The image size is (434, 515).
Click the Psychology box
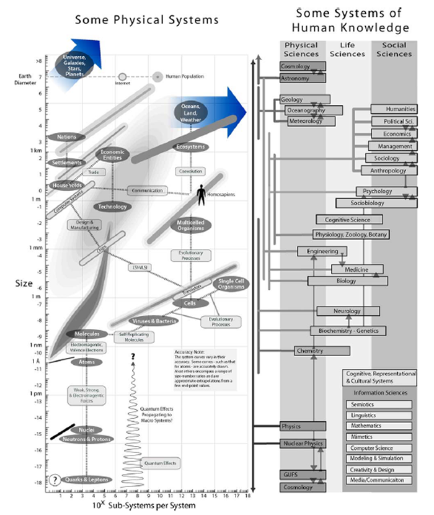pyautogui.click(x=378, y=191)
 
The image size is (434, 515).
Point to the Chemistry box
pyautogui.click(x=310, y=351)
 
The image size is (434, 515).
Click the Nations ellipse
pyautogui.click(x=66, y=137)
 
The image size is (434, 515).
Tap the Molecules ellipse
pyautogui.click(x=83, y=334)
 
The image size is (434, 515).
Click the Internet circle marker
pyautogui.click(x=122, y=77)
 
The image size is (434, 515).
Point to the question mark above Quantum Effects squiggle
pyautogui.click(x=133, y=356)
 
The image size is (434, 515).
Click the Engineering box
pyautogui.click(x=322, y=251)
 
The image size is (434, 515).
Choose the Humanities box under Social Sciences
pyautogui.click(x=392, y=109)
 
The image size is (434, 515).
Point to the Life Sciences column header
pyautogui.click(x=348, y=50)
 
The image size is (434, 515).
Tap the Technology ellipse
pyautogui.click(x=112, y=207)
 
